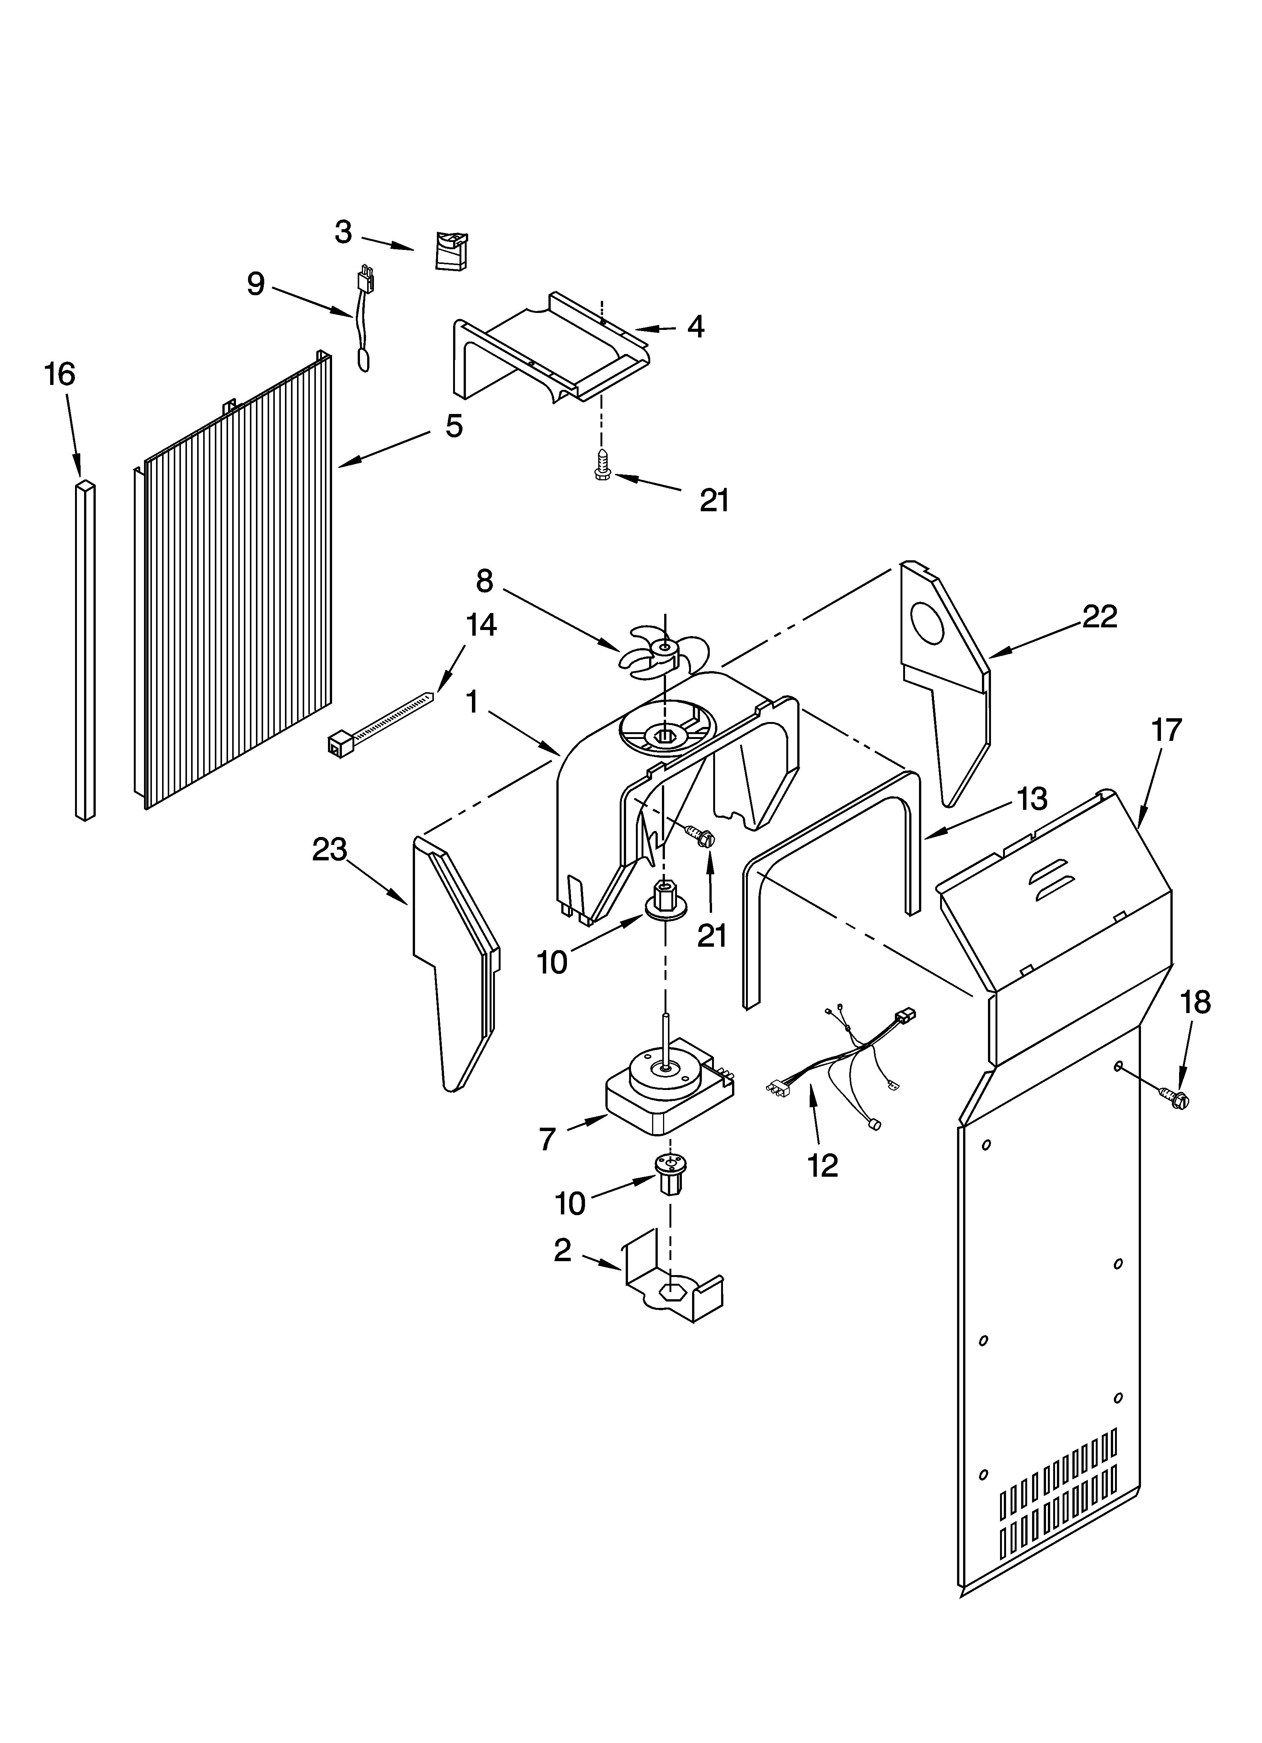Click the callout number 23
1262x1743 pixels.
point(329,849)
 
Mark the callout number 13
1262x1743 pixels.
point(1032,799)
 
